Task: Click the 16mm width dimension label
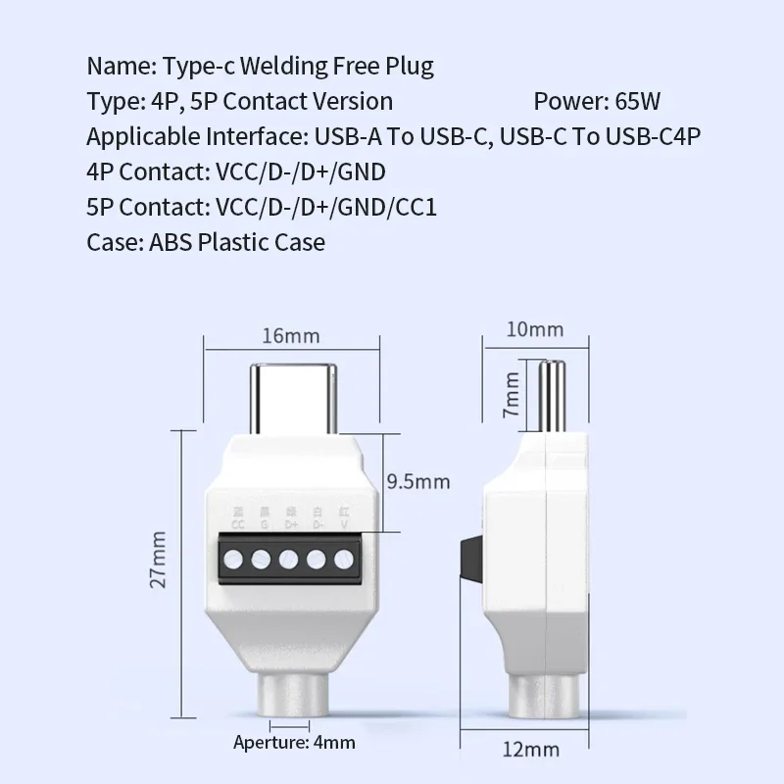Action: (x=291, y=335)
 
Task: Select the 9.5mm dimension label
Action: (x=418, y=481)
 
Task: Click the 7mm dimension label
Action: (x=511, y=394)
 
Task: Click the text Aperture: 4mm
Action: (x=294, y=742)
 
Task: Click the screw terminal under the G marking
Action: (x=264, y=562)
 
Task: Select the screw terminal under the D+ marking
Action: (x=290, y=562)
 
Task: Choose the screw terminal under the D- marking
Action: (x=317, y=562)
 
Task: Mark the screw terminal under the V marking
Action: (x=343, y=562)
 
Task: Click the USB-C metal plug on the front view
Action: (x=291, y=398)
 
